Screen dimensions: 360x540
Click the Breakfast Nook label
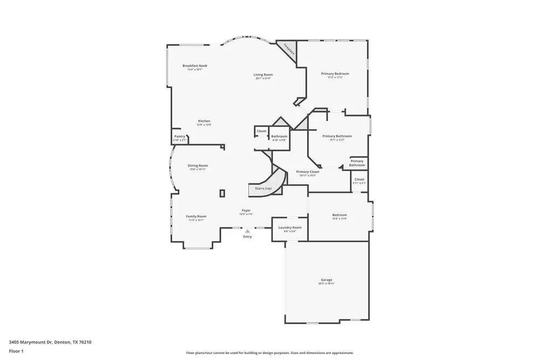point(195,66)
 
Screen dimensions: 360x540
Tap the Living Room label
point(264,74)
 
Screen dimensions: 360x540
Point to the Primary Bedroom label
point(335,73)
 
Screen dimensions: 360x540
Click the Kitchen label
point(204,121)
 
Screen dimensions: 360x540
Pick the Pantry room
point(179,137)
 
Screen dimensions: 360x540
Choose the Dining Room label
point(198,166)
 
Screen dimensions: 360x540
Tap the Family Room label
point(196,216)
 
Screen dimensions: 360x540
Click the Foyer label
point(246,210)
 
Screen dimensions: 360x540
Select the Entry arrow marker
point(247,230)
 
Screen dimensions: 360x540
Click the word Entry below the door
point(247,236)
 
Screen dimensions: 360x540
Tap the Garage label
point(326,280)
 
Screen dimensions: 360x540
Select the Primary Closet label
point(308,172)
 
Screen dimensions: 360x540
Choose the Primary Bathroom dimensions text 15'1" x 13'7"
point(337,140)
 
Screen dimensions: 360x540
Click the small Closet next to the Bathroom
point(261,131)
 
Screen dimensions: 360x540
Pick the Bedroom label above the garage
point(339,215)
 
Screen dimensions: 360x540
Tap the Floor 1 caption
point(16,351)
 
